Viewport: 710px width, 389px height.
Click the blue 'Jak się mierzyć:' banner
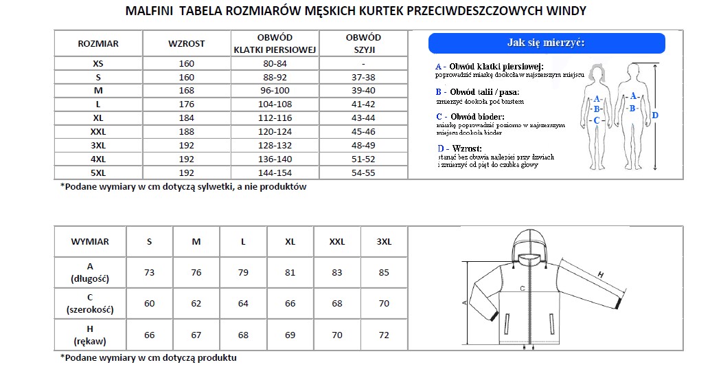[546, 43]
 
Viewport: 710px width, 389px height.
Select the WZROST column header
[186, 43]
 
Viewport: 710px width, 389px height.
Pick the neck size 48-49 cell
[363, 146]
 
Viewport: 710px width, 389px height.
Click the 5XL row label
[98, 173]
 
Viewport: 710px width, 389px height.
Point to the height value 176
[186, 104]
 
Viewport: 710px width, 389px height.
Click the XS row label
[98, 63]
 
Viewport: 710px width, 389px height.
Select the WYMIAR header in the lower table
[90, 242]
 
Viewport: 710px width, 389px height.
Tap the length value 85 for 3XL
[384, 273]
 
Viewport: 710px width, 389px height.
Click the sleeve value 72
[384, 335]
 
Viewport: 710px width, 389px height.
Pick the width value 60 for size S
[150, 304]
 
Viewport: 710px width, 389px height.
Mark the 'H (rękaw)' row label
[90, 335]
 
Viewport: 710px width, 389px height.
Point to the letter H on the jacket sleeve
[600, 275]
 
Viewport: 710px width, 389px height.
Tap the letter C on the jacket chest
[523, 288]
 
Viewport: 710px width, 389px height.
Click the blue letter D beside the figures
[655, 115]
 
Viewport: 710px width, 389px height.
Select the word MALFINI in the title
[148, 11]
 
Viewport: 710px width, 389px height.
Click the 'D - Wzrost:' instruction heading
[459, 148]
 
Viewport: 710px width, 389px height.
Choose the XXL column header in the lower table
[337, 242]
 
